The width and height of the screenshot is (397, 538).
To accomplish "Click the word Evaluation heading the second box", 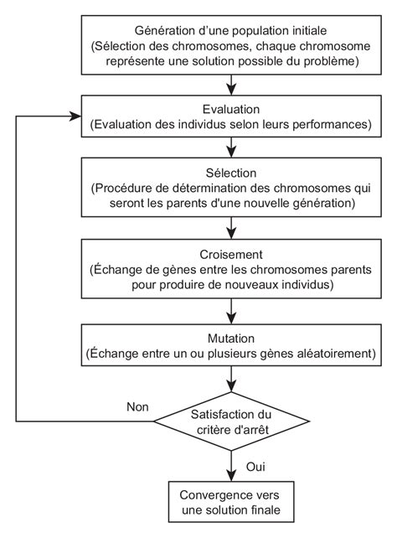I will pos(229,110).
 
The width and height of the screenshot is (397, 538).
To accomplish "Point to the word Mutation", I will pos(229,339).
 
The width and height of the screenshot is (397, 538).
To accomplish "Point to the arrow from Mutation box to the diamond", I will pos(229,379).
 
